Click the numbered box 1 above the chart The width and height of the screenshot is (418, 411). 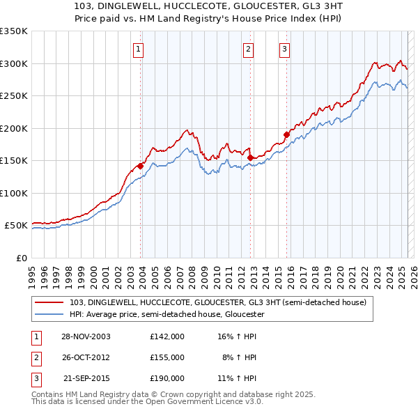click(139, 49)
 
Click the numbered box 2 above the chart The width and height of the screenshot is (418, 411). click(249, 49)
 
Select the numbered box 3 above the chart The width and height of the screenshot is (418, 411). click(284, 49)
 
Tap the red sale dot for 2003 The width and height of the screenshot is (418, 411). click(141, 166)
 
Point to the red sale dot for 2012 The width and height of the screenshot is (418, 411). click(250, 157)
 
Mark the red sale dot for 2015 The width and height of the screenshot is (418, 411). click(286, 134)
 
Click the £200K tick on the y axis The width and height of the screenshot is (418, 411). click(13, 128)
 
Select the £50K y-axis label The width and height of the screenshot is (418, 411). click(16, 226)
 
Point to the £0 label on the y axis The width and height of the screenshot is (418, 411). click(21, 258)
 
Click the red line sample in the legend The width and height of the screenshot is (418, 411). click(50, 302)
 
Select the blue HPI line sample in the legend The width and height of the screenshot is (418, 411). click(50, 314)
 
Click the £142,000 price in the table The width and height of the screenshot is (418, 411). click(167, 336)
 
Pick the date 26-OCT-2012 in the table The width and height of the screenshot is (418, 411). click(85, 357)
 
